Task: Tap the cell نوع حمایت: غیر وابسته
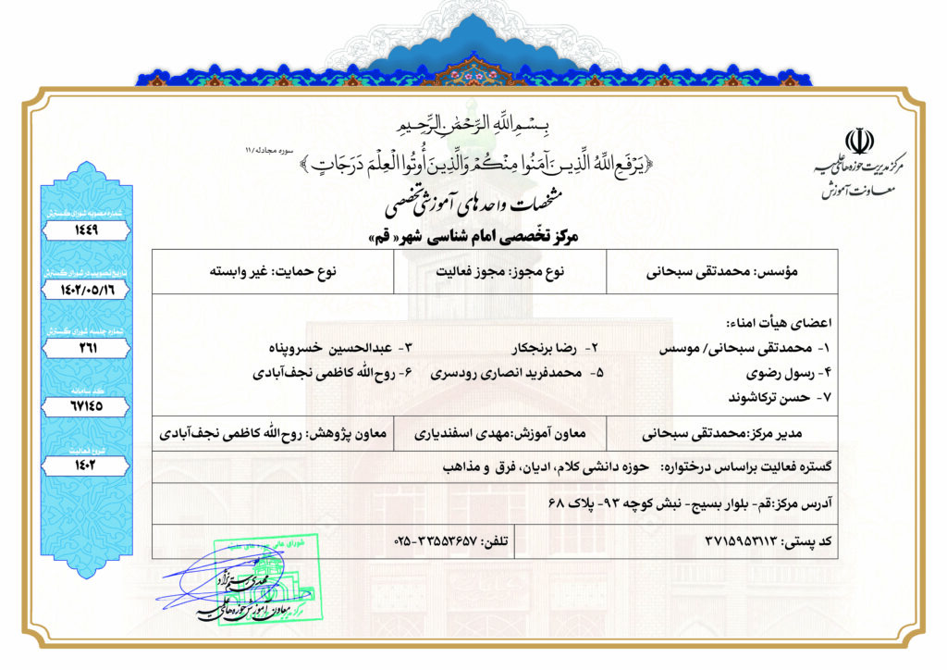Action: pos(275,273)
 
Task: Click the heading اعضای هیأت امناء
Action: pos(781,324)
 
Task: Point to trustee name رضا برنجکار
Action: pos(549,350)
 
